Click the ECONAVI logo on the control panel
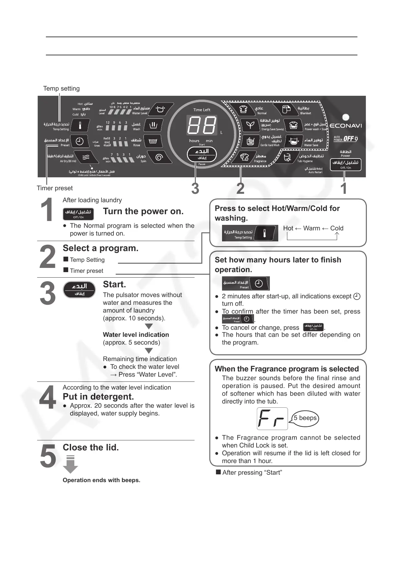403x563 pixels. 345,126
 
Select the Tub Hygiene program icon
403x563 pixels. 287,158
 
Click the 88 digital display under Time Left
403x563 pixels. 202,125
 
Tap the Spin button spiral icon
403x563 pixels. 159,157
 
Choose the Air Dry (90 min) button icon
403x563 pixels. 86,157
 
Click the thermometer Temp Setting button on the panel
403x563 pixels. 80,125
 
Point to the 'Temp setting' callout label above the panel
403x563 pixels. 61,89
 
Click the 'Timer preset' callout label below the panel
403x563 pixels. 55,188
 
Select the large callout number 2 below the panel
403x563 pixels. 240,189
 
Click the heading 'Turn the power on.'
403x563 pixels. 143,211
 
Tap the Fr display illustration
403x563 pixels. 272,419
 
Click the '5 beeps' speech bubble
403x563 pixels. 305,418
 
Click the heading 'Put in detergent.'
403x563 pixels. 98,397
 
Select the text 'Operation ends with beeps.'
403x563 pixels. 101,480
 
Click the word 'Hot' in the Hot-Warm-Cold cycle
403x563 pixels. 288,228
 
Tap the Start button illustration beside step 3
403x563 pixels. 80,289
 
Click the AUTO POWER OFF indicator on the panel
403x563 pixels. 345,139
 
